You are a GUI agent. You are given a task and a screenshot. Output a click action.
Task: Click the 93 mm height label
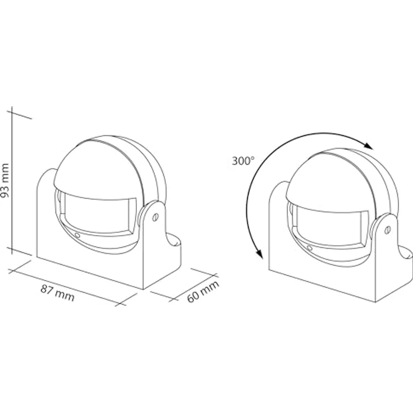(5, 180)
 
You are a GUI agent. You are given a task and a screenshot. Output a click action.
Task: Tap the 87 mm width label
(58, 293)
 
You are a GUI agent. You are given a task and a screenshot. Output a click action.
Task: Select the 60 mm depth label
(203, 292)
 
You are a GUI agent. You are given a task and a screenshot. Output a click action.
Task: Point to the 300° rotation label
(243, 160)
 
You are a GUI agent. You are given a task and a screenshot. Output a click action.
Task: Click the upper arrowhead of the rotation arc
(368, 145)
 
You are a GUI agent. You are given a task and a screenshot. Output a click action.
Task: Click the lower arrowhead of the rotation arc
(260, 254)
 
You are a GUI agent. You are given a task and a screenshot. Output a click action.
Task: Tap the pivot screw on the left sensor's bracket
(155, 217)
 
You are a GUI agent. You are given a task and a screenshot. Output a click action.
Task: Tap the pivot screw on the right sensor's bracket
(387, 230)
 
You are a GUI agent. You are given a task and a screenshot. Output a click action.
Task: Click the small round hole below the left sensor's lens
(77, 235)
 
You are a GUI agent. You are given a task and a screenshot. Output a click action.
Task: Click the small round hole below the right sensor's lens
(310, 248)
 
